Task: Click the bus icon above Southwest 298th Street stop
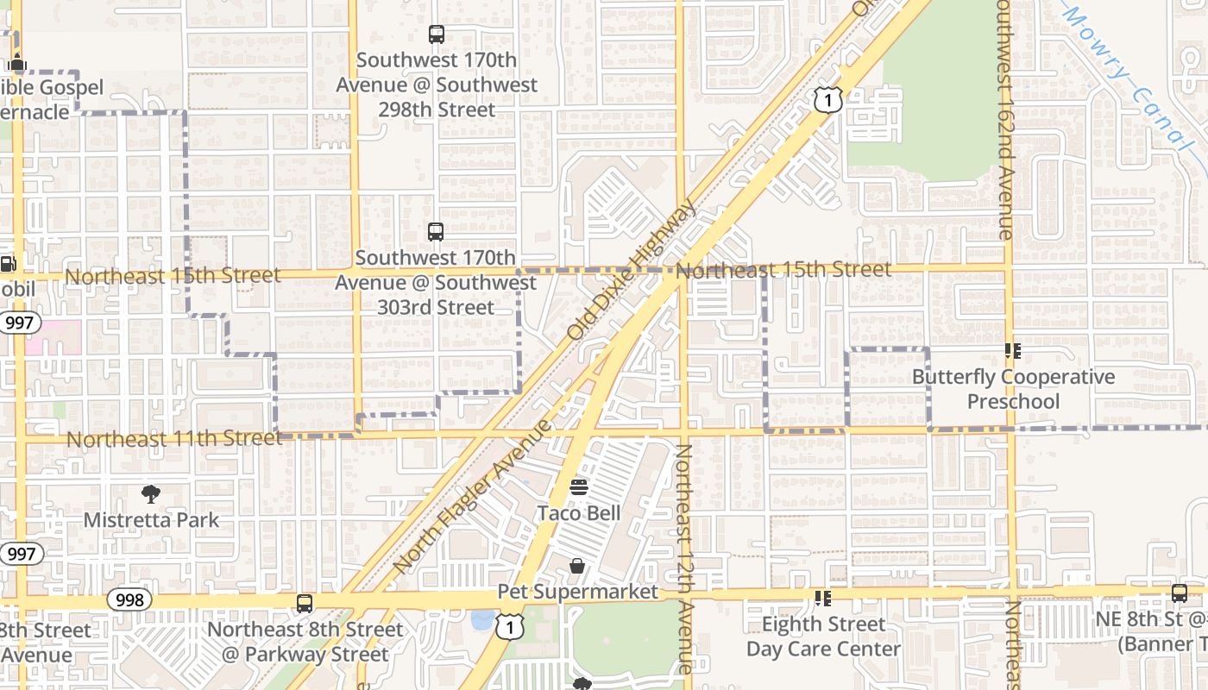(436, 34)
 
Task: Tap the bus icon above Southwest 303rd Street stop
(436, 232)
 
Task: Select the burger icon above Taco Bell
(579, 487)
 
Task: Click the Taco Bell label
(579, 513)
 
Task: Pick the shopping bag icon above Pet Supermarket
(577, 566)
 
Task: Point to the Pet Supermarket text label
(578, 592)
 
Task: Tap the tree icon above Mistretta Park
(151, 494)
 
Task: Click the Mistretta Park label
(151, 520)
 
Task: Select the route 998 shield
(129, 599)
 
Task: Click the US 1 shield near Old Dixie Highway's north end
(827, 101)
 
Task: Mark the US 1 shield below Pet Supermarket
(509, 628)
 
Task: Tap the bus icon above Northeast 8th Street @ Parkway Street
(305, 604)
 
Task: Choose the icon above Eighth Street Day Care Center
(822, 598)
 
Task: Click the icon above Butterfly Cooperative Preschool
(1013, 351)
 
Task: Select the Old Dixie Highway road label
(632, 270)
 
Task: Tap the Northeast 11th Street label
(174, 439)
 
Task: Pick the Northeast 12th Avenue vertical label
(683, 558)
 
